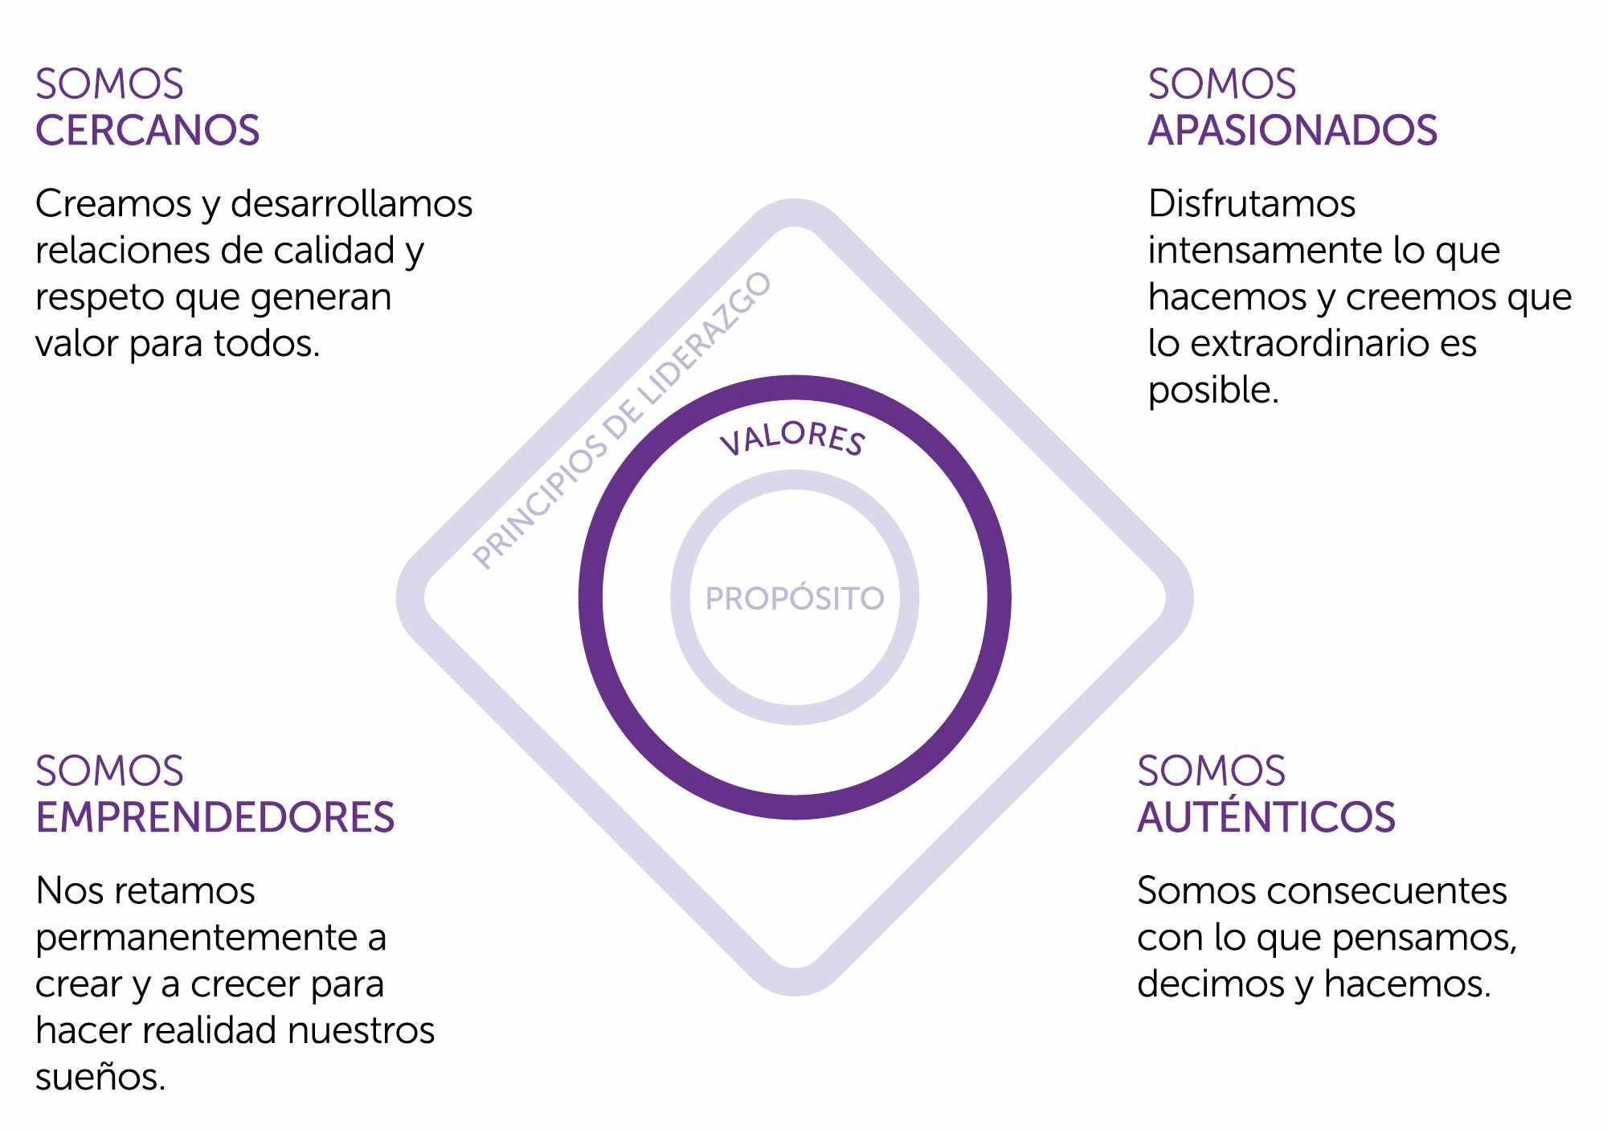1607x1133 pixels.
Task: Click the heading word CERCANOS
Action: [148, 131]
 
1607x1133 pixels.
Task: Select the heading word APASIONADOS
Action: [1292, 131]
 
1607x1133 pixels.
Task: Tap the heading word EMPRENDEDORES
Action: [215, 818]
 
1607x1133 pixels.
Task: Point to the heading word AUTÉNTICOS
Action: [1266, 818]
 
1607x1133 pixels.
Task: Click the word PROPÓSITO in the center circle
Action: [795, 599]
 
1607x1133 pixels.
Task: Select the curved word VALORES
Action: [792, 439]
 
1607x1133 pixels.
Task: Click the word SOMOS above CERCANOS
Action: [109, 84]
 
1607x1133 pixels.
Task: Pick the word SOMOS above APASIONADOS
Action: [1221, 84]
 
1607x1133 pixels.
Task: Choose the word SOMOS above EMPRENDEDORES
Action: [109, 771]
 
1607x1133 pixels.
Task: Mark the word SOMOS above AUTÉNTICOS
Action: [1211, 771]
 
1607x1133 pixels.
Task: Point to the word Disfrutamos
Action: [1251, 204]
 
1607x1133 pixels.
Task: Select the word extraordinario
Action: [1306, 344]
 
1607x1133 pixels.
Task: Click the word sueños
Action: [100, 1078]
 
